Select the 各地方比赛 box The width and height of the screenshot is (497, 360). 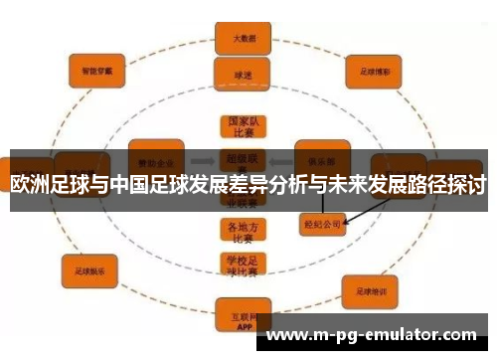[x=242, y=232]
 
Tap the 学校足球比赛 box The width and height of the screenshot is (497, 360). [x=242, y=265]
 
